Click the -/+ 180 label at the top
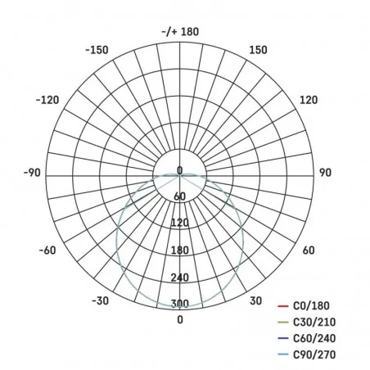click(180, 31)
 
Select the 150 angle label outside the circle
click(258, 51)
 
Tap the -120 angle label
click(47, 100)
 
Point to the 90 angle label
click(325, 173)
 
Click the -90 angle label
click(33, 173)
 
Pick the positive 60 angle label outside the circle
click(309, 250)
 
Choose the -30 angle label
click(101, 301)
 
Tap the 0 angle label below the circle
click(180, 320)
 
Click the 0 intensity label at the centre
click(180, 170)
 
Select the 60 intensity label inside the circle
click(180, 196)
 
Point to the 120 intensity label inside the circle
click(180, 223)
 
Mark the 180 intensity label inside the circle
click(180, 250)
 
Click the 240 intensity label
click(180, 277)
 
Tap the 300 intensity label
click(180, 305)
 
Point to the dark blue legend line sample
click(282, 338)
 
